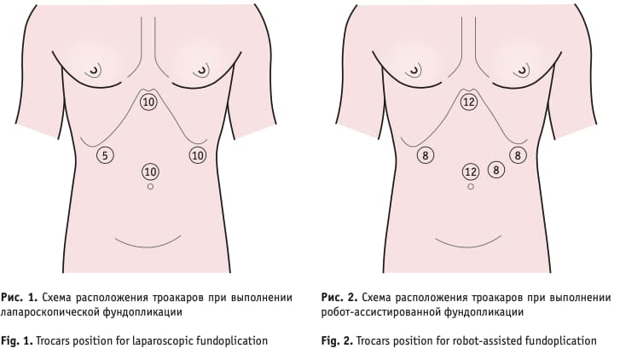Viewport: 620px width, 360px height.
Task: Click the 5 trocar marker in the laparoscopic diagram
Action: point(105,155)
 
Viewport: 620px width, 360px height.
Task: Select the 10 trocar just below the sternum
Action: point(148,102)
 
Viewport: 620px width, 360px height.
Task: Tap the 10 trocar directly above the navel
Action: point(150,171)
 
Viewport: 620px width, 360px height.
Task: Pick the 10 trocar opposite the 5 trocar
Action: point(197,155)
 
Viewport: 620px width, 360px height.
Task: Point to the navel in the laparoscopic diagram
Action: point(150,186)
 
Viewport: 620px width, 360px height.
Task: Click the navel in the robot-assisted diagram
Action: point(471,186)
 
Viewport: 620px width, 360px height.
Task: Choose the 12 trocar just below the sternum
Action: point(468,102)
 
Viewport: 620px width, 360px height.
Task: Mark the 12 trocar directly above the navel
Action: point(471,171)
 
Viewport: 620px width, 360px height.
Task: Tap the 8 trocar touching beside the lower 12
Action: point(496,170)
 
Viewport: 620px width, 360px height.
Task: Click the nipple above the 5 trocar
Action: point(94,71)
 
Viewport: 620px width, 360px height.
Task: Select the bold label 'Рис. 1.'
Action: point(19,297)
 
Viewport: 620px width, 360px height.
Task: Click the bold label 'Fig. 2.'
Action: point(337,340)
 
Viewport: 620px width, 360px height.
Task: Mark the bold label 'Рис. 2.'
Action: point(339,297)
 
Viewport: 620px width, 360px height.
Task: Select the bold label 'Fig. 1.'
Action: point(17,340)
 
